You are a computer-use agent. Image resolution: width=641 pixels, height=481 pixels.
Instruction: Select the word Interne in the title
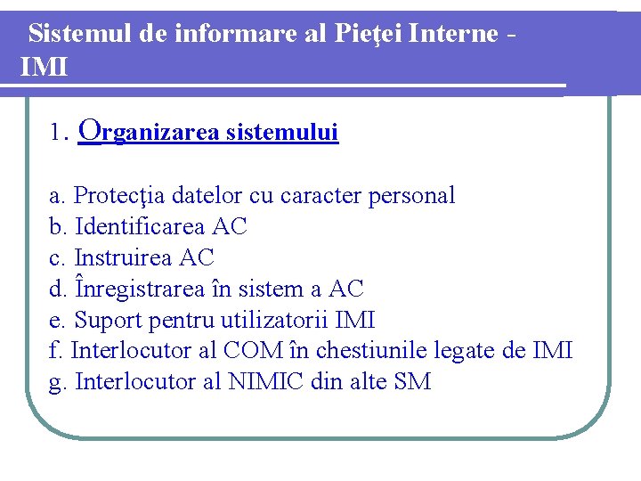(454, 34)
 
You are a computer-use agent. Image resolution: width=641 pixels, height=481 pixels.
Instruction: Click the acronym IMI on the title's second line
(44, 66)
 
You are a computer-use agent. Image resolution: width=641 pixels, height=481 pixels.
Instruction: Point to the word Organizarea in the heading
(150, 132)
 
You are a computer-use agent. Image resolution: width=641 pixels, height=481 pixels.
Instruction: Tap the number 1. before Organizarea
(60, 134)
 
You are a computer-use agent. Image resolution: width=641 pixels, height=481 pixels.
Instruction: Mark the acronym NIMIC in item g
(268, 382)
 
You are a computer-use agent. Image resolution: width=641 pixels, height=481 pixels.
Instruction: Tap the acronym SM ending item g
(413, 382)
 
